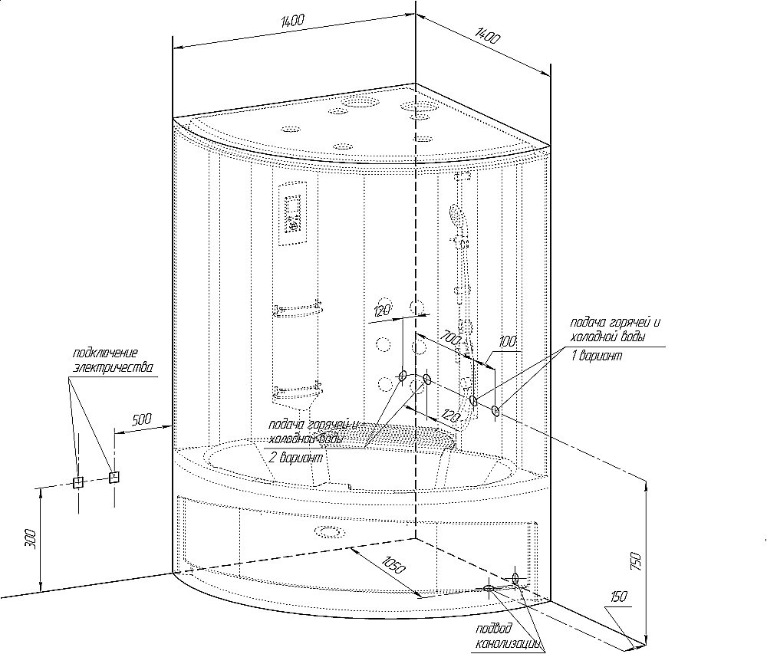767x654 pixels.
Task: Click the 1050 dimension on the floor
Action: point(390,565)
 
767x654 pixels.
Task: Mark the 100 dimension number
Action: point(508,340)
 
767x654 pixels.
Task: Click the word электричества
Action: point(112,367)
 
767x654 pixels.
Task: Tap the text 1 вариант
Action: point(596,357)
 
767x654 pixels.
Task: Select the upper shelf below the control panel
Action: point(296,311)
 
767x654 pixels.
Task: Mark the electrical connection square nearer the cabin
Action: point(114,477)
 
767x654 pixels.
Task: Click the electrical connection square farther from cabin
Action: point(77,482)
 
